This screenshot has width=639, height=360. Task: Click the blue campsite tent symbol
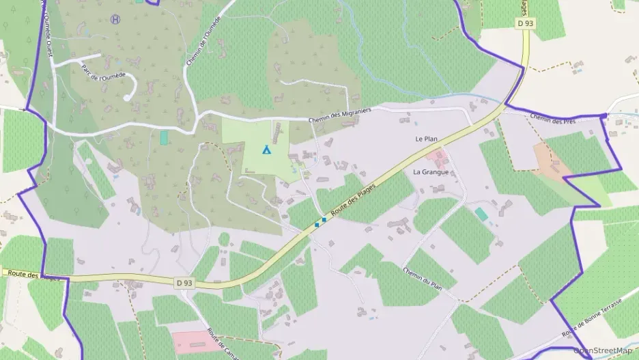point(266,149)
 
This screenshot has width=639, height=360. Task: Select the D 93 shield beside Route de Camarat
point(183,282)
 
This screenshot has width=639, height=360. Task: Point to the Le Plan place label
point(426,139)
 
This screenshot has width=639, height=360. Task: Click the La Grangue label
point(431,172)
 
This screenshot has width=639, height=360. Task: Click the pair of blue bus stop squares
point(320,222)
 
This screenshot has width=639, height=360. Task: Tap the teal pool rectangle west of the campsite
point(164,137)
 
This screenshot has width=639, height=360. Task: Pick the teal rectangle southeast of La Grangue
point(481,214)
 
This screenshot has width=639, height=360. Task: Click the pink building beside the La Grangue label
point(438,159)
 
